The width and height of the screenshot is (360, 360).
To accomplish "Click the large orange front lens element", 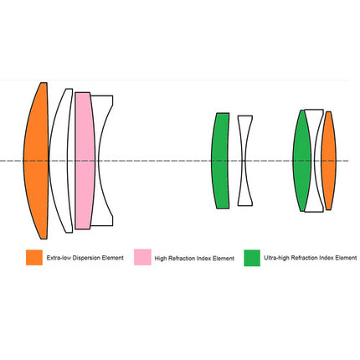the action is click(36, 161).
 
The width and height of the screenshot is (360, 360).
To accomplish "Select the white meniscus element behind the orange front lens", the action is click(59, 161).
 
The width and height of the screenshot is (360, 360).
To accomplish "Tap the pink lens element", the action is click(85, 161).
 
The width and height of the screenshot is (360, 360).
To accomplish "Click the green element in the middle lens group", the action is click(220, 161).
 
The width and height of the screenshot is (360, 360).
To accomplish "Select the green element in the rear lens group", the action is click(301, 161).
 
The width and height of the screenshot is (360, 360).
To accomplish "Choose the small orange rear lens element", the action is click(329, 161).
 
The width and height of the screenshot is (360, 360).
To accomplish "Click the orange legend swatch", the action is click(34, 257).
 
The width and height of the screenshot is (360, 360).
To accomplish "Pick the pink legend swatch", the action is click(142, 257).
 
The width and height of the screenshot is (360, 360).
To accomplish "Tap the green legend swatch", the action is click(252, 258).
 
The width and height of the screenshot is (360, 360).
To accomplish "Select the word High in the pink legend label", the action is click(161, 259).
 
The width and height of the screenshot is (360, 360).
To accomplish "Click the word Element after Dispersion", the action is click(112, 258).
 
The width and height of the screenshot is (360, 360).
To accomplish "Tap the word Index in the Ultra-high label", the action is click(327, 258).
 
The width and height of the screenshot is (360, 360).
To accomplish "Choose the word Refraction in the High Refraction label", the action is click(182, 259).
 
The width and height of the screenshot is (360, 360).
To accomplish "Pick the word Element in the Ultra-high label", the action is click(346, 258).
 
